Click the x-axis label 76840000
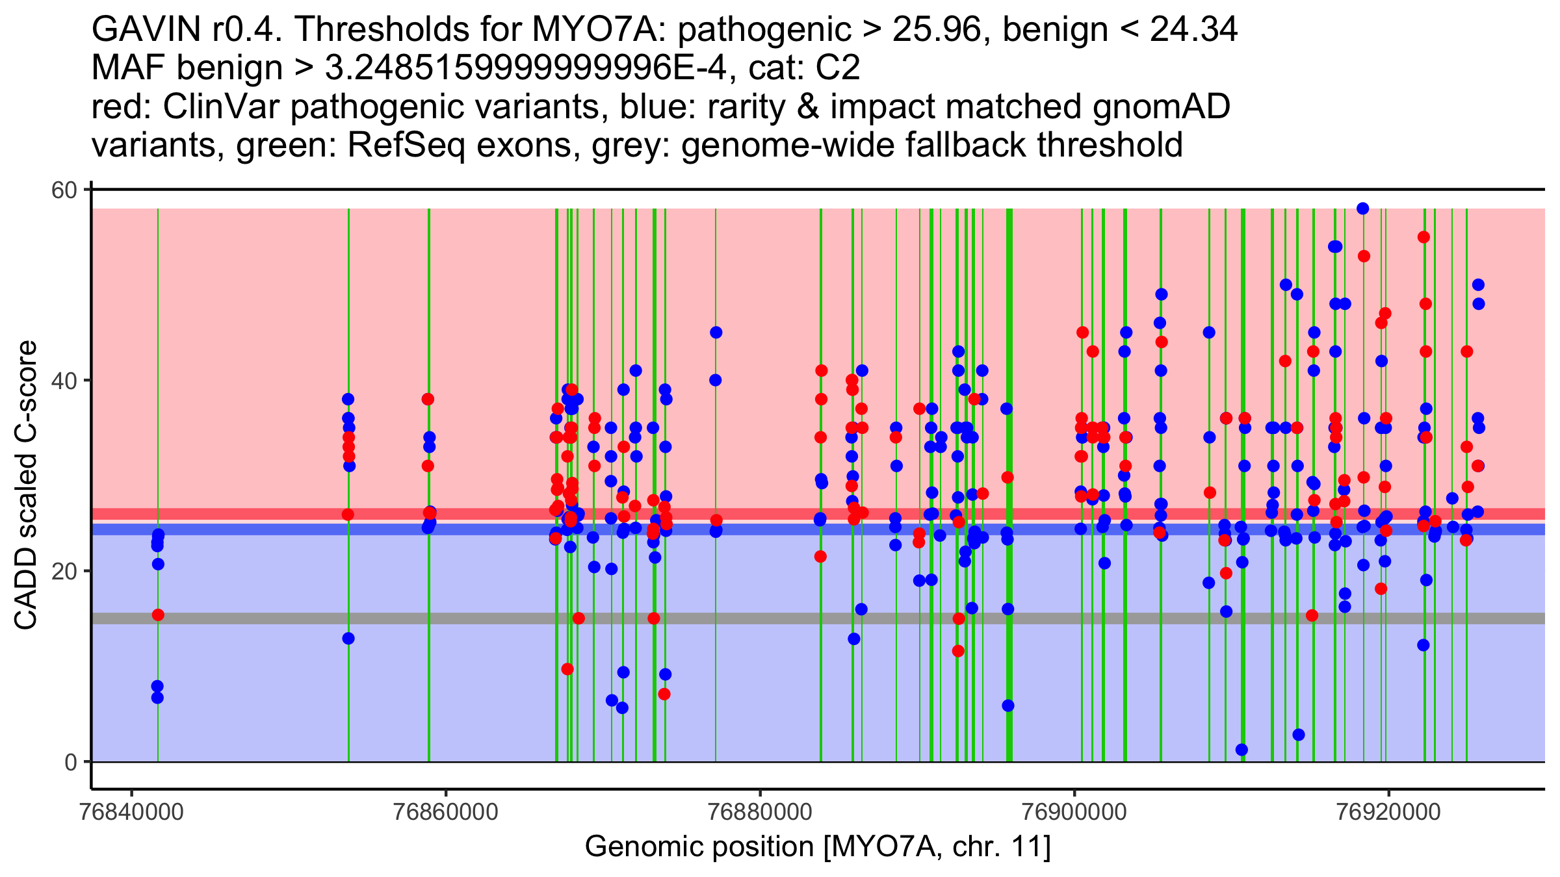click(132, 812)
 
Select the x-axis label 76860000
click(446, 812)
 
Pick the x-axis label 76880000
click(760, 812)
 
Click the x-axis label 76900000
click(1074, 812)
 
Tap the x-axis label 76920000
click(1389, 812)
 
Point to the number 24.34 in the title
click(1193, 30)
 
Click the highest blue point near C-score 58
click(1363, 209)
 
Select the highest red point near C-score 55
click(1423, 237)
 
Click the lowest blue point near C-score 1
click(1241, 750)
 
